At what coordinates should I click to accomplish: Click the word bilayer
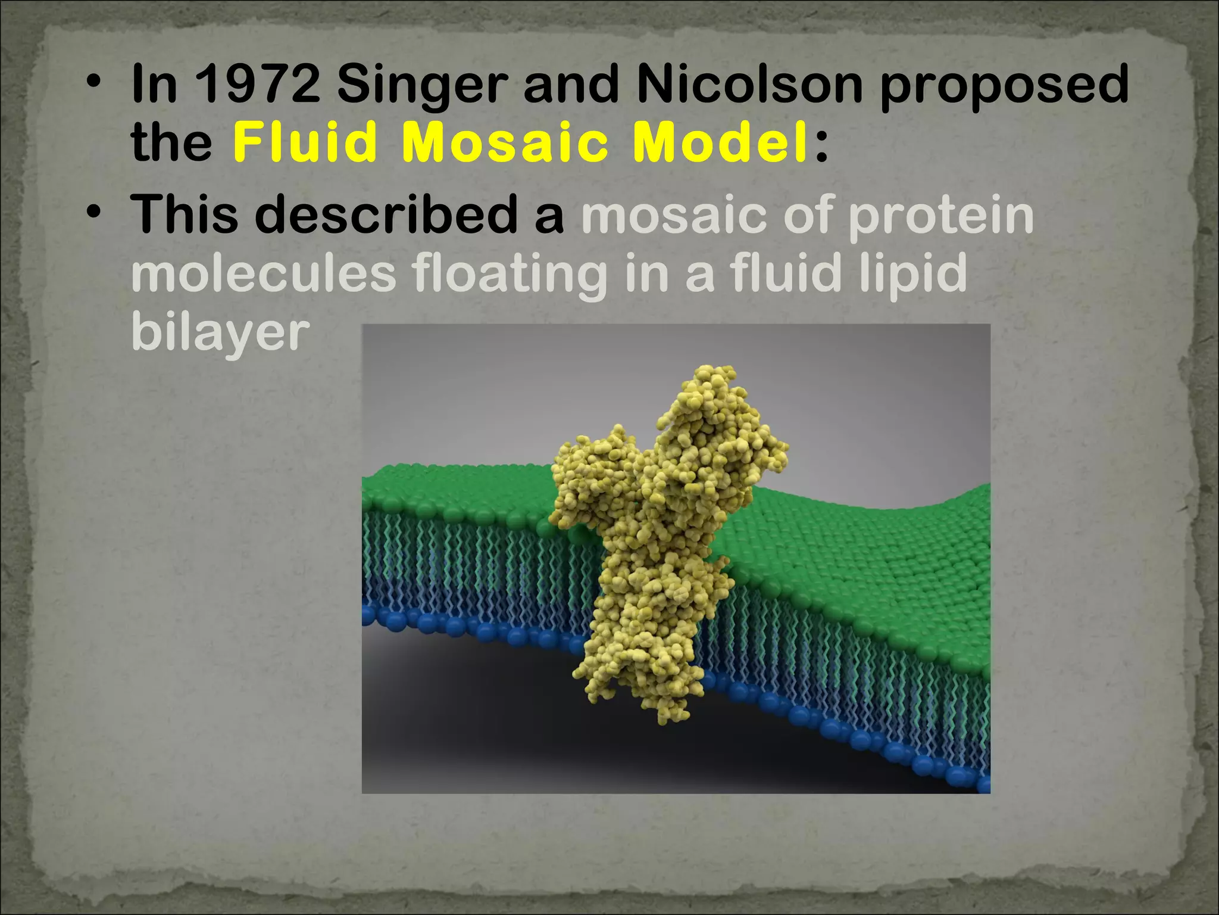pyautogui.click(x=220, y=332)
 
